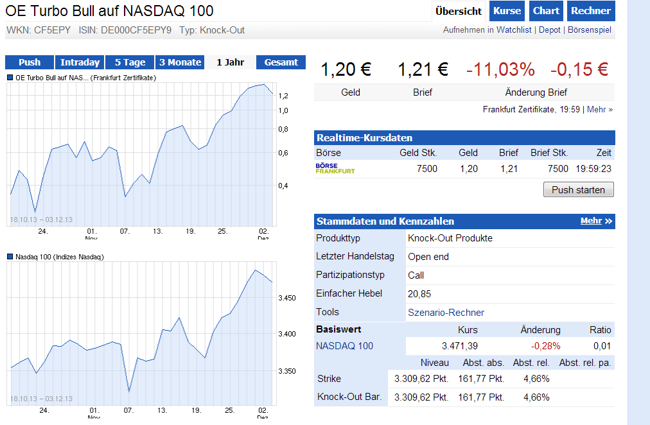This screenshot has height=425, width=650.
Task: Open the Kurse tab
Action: click(x=507, y=11)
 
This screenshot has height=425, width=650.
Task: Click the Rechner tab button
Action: click(x=590, y=11)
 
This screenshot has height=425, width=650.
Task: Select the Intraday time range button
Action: click(x=80, y=62)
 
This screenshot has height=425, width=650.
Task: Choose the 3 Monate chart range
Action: click(x=180, y=62)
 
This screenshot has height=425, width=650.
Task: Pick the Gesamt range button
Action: click(x=281, y=62)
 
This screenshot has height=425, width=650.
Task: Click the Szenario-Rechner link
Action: click(x=446, y=313)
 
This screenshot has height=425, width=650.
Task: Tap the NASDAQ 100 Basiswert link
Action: click(x=344, y=346)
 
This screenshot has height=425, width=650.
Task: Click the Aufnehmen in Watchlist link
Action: click(x=488, y=30)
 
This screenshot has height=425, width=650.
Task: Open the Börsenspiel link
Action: click(x=590, y=30)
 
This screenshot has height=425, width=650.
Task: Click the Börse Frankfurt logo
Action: click(x=335, y=169)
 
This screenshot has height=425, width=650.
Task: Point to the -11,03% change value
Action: click(x=500, y=69)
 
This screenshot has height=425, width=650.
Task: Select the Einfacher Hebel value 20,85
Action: click(x=419, y=293)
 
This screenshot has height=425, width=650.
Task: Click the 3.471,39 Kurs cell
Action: click(x=459, y=346)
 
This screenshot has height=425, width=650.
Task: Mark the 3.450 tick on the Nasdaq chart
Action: click(x=287, y=298)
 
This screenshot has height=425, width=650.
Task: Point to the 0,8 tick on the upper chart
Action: click(x=283, y=130)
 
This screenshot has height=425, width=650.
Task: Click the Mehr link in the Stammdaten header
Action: click(x=596, y=221)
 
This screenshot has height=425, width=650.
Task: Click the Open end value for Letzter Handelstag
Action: click(x=428, y=257)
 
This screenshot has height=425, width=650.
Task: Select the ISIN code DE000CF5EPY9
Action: click(x=136, y=30)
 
